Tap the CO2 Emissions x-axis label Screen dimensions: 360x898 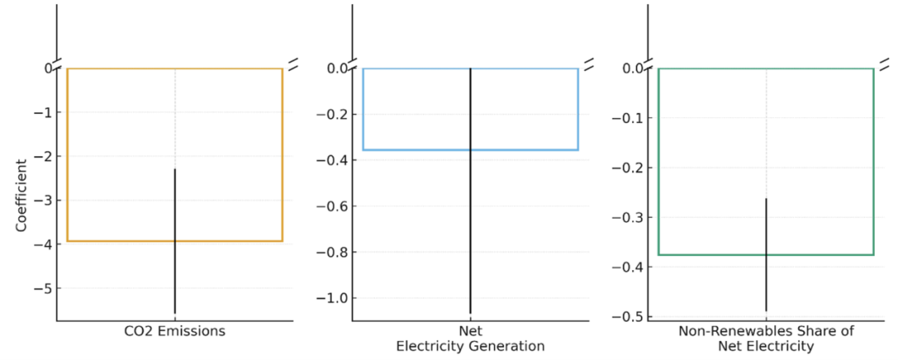point(175,331)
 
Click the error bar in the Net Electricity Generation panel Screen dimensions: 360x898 point(471,224)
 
